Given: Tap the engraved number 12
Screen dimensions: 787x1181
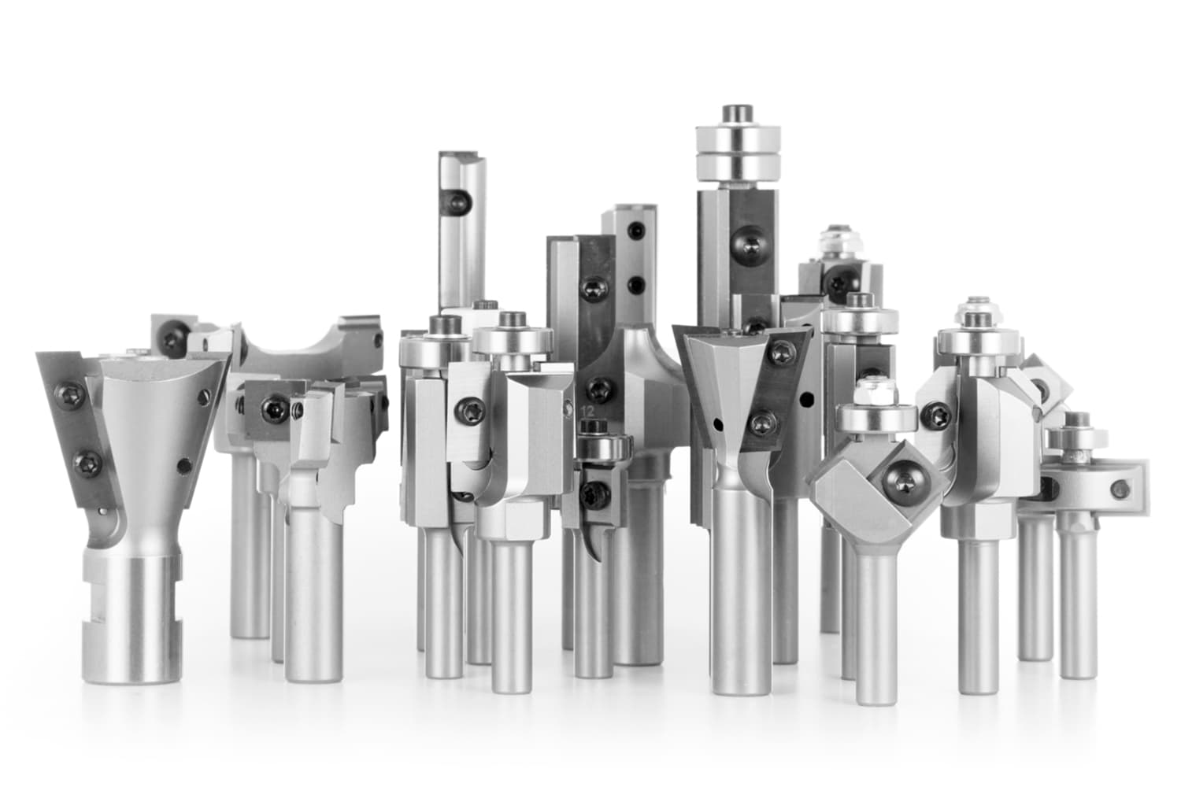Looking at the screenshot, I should [x=587, y=411].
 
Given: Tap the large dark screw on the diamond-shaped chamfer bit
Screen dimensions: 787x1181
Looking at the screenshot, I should [x=900, y=485].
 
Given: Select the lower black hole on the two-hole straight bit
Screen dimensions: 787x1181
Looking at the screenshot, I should [x=635, y=283].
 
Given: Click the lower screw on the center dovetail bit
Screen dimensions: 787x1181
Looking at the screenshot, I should [x=760, y=424].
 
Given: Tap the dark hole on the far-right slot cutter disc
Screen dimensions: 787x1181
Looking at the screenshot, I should [x=1117, y=490].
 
